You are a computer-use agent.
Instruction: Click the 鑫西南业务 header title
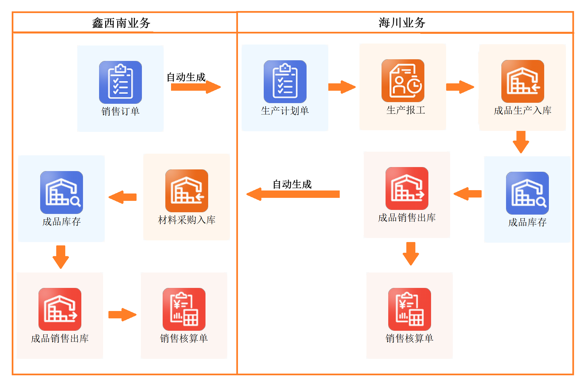(x=121, y=23)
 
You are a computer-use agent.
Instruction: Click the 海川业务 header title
(x=402, y=23)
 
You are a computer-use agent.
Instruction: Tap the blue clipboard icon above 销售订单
(x=120, y=82)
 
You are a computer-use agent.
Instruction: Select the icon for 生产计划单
(x=285, y=81)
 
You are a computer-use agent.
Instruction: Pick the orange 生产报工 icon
(x=403, y=81)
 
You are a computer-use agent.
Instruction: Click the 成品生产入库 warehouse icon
(x=522, y=81)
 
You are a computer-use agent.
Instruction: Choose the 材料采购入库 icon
(x=186, y=190)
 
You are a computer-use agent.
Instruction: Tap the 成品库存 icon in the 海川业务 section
(x=527, y=193)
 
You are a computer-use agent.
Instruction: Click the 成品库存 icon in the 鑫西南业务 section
(x=62, y=192)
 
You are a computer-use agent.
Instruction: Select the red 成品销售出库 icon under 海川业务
(x=407, y=188)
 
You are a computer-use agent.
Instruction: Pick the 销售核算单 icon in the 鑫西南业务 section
(x=184, y=309)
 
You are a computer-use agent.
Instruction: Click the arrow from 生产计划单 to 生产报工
(x=342, y=87)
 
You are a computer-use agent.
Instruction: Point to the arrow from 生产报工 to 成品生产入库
(x=460, y=87)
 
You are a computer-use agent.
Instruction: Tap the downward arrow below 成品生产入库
(x=521, y=142)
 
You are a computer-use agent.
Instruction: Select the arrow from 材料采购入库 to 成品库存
(x=123, y=197)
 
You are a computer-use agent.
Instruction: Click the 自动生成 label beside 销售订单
(x=186, y=77)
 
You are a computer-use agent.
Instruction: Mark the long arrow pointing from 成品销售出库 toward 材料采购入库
(x=293, y=194)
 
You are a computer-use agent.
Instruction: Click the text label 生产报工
(x=406, y=110)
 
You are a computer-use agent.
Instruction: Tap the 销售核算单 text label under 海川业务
(x=409, y=338)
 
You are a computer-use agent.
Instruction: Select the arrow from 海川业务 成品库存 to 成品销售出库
(x=468, y=194)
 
